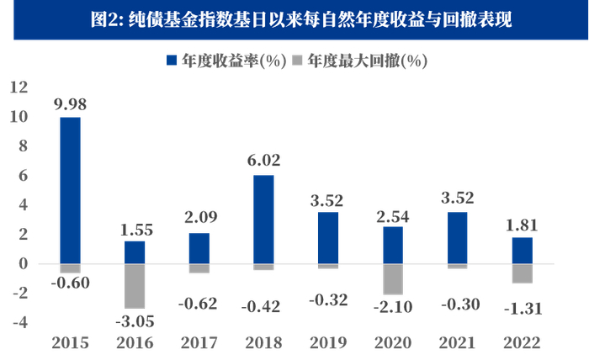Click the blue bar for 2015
tap(71, 190)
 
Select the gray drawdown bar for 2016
tap(135, 286)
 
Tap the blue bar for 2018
tap(263, 219)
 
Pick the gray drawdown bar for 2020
tap(394, 279)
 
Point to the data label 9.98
tap(71, 105)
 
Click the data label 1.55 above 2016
tap(135, 229)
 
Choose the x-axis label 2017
tap(199, 342)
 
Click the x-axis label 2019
tap(329, 342)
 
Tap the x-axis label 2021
tap(459, 342)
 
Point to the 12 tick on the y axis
tap(19, 87)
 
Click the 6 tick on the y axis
tap(23, 175)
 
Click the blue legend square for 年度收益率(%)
tap(171, 61)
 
